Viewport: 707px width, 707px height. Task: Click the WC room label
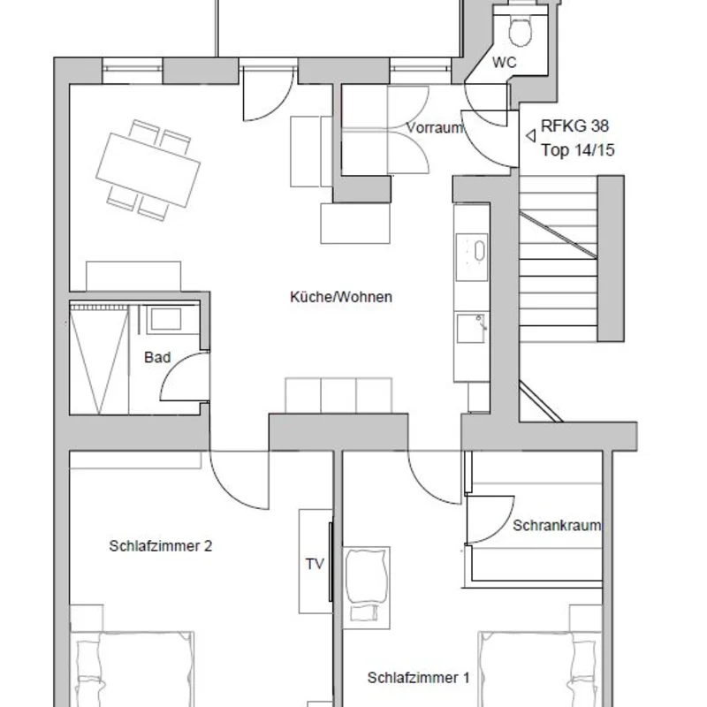(x=504, y=62)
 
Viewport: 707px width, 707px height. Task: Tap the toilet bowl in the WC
(x=521, y=31)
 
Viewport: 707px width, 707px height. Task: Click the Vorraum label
(x=435, y=127)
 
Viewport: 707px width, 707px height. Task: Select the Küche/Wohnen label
(x=341, y=297)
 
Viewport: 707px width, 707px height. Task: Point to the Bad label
(x=157, y=357)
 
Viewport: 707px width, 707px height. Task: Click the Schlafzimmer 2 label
(x=161, y=545)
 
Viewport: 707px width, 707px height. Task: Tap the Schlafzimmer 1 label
(x=418, y=677)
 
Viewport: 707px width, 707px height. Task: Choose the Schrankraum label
(x=557, y=525)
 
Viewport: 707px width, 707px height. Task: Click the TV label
(x=315, y=564)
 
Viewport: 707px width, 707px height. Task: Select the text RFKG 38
(x=575, y=125)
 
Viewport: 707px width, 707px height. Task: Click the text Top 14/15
(x=578, y=149)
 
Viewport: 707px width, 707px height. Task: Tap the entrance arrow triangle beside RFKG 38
(x=531, y=135)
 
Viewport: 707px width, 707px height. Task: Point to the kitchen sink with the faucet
(x=472, y=329)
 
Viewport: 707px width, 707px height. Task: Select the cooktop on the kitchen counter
(x=472, y=257)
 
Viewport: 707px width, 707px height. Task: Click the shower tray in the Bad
(x=99, y=360)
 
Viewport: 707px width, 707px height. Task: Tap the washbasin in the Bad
(x=166, y=319)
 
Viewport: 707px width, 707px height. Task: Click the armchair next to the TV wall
(x=366, y=588)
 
